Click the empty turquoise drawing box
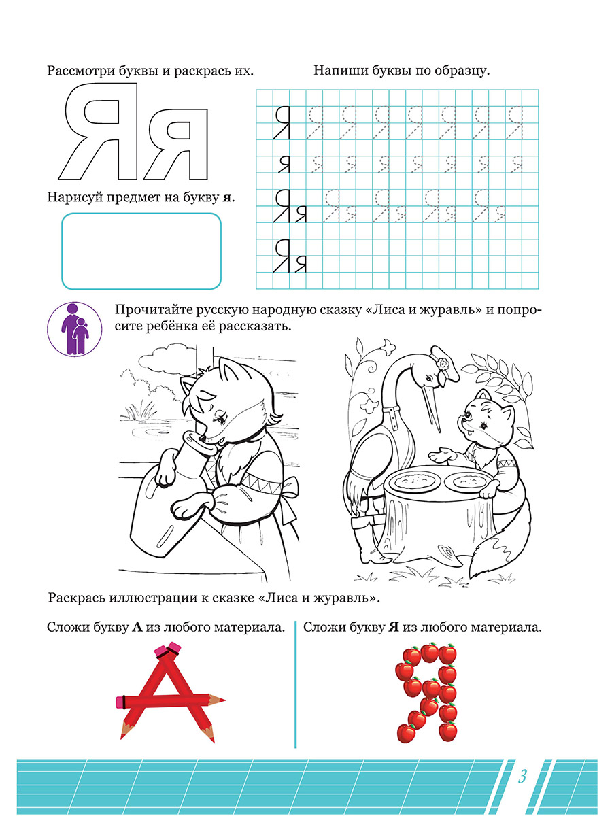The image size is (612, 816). pos(141,251)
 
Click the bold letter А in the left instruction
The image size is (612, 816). pos(136,628)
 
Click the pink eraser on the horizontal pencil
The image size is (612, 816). pos(122,700)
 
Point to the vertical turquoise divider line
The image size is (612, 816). pos(295,683)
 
